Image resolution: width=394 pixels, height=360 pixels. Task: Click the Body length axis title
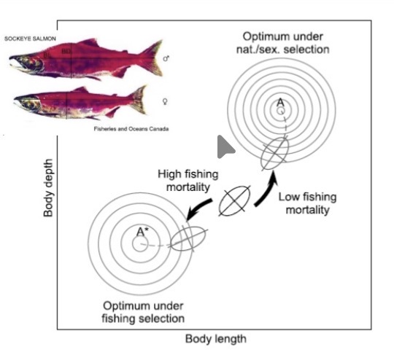[215, 339]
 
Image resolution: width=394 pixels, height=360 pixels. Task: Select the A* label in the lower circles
[142, 232]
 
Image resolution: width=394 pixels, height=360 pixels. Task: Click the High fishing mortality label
[184, 181]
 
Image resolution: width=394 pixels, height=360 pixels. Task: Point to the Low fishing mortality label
[304, 203]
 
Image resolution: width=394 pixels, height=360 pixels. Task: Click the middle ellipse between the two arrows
[235, 200]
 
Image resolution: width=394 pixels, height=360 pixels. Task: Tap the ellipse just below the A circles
[274, 152]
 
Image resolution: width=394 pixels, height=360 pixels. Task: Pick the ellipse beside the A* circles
[186, 239]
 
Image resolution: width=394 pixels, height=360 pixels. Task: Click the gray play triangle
[225, 147]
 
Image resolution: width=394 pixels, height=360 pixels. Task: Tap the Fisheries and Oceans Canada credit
[131, 129]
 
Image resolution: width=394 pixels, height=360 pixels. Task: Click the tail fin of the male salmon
[150, 57]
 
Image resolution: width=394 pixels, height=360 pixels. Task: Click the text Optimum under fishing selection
[143, 313]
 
